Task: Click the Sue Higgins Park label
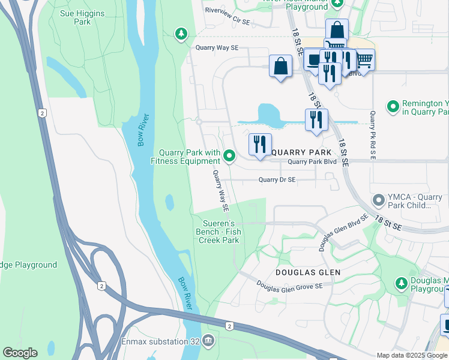(x=82, y=17)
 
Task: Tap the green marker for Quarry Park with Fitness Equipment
(x=229, y=157)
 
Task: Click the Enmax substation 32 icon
(x=208, y=341)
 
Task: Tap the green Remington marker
(x=393, y=107)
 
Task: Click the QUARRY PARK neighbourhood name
(x=301, y=152)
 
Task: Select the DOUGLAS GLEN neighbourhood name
(x=308, y=272)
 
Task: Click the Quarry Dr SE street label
(x=277, y=179)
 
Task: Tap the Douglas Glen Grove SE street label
(x=289, y=285)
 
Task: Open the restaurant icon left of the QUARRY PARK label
(x=259, y=145)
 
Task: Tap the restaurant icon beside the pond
(x=316, y=119)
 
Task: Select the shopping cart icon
(x=364, y=60)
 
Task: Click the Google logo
(x=20, y=353)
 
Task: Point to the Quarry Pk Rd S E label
(x=373, y=135)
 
